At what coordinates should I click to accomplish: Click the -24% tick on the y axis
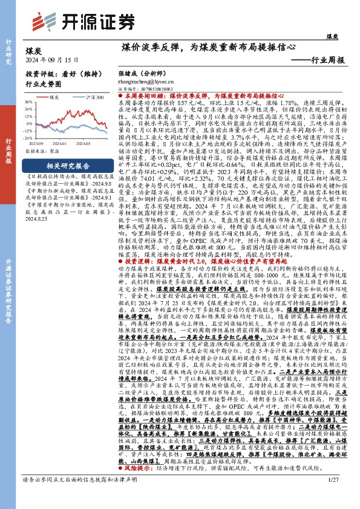[28, 137]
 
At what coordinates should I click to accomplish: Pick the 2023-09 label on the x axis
[37, 144]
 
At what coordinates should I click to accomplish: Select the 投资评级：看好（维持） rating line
[58, 71]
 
